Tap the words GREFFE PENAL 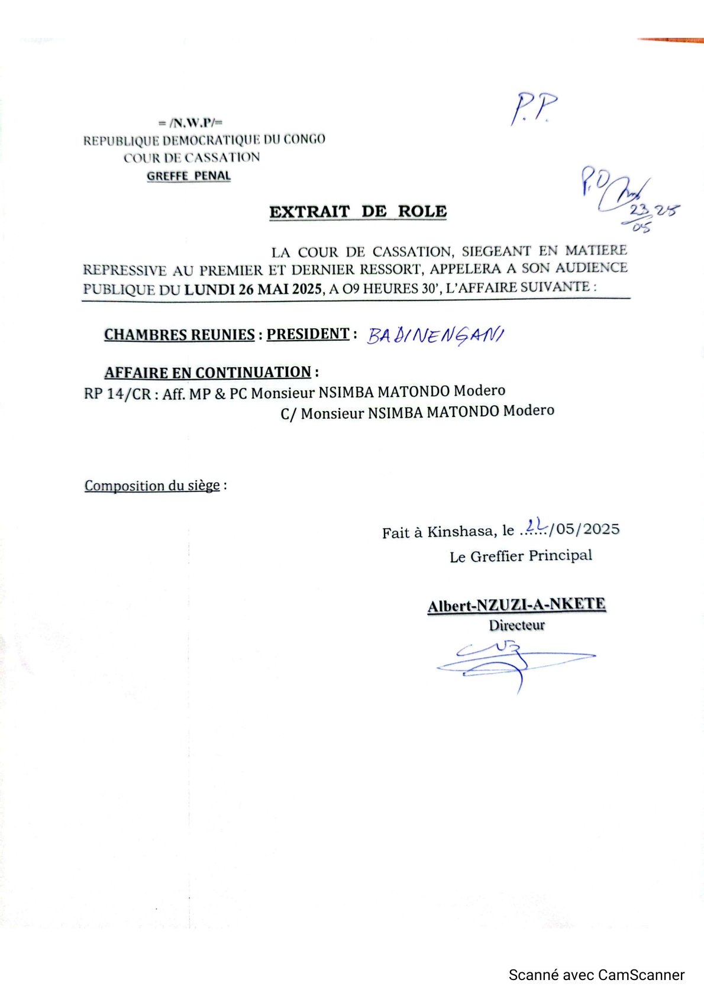coord(189,176)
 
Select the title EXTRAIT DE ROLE coord(358,212)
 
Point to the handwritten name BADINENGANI coord(435,335)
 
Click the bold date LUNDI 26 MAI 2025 coord(253,289)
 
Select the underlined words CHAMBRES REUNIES coord(179,335)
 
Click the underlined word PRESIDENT coord(308,334)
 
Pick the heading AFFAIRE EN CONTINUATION coord(208,373)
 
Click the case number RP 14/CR coord(117,394)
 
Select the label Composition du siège coord(152,486)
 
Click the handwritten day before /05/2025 coord(536,525)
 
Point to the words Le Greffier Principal coord(521,556)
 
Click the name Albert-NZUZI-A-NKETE coord(516,605)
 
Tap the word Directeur coord(516,625)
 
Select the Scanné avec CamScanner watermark coord(596,975)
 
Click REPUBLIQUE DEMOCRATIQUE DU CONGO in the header coord(204,140)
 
